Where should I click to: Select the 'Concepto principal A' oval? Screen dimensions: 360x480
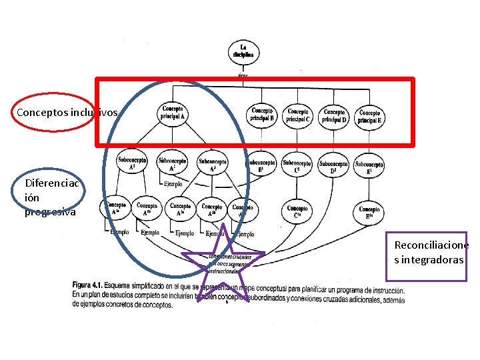(173, 113)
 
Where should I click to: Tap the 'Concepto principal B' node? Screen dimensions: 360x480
(262, 115)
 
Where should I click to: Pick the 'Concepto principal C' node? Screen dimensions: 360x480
(298, 115)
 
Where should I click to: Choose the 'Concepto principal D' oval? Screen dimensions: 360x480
(334, 115)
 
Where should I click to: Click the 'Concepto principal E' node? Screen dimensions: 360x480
(369, 117)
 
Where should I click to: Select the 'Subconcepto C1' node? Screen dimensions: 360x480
(297, 165)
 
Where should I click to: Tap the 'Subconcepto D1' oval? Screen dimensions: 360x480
(333, 165)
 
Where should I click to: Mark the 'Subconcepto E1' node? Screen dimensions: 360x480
(369, 165)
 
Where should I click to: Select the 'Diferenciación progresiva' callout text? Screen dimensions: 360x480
(51, 197)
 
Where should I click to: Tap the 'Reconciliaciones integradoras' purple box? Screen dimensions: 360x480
(430, 252)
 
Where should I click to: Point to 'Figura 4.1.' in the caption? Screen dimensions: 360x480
(92, 285)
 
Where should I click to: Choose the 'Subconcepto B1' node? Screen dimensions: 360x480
(261, 165)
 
